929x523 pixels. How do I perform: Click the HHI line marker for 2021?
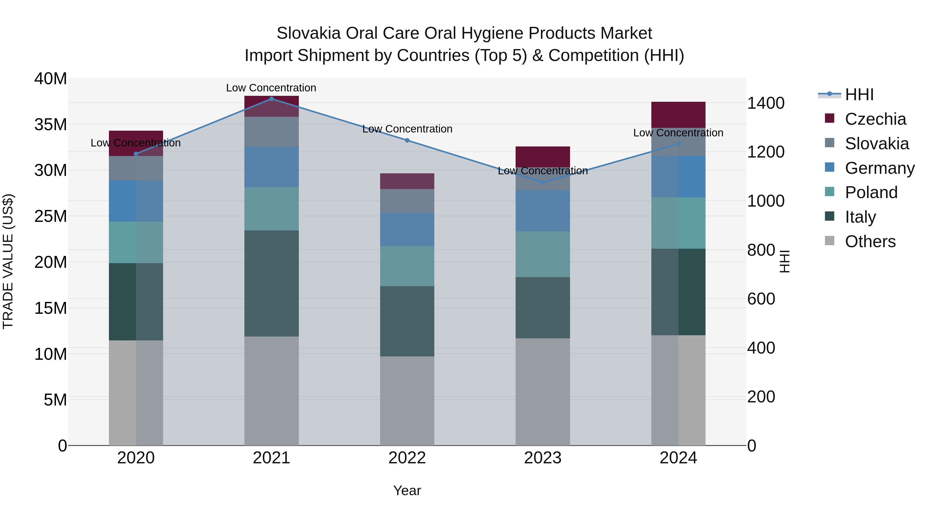(271, 99)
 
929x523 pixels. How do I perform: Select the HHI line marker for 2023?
(543, 182)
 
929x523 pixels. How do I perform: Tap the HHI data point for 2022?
(407, 140)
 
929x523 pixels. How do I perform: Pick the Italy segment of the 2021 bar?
(271, 283)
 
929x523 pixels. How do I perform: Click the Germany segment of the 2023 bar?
(543, 211)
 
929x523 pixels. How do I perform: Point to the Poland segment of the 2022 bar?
(407, 266)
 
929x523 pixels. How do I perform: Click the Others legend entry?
(870, 241)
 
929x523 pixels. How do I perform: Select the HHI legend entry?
(859, 95)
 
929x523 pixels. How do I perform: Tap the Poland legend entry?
(871, 192)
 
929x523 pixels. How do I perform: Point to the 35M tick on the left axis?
(51, 124)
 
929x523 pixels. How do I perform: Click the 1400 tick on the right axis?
(765, 103)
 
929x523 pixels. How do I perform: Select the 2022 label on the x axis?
(407, 458)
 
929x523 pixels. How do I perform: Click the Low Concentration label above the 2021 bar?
(271, 88)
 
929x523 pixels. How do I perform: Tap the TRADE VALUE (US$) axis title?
(8, 261)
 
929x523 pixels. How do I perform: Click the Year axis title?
(407, 490)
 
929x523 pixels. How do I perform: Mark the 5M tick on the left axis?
(55, 400)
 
